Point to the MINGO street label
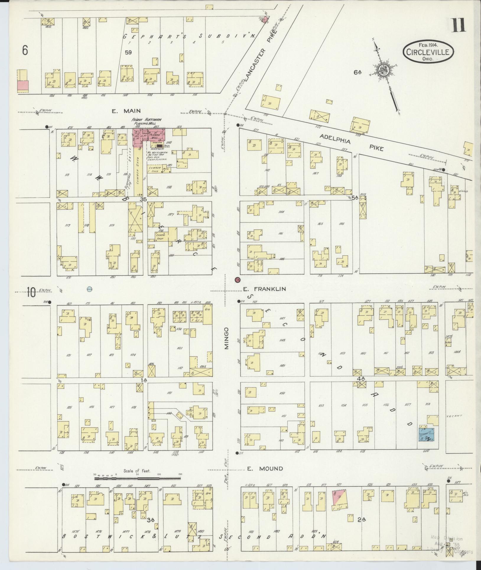click(x=227, y=338)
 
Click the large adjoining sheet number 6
click(x=25, y=51)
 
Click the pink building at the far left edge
click(x=23, y=86)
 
